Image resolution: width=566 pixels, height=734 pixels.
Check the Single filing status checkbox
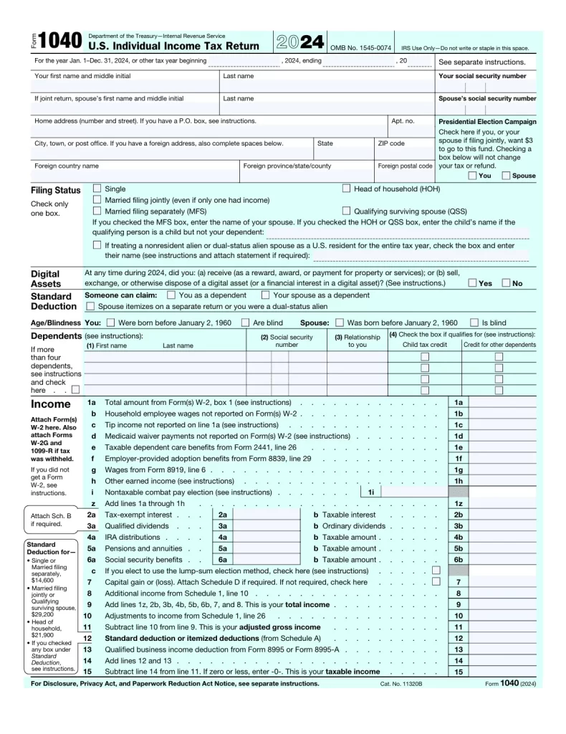pyautogui.click(x=97, y=189)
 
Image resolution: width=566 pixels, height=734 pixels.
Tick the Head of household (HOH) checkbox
pyautogui.click(x=346, y=189)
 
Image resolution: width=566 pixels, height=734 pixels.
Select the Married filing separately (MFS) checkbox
pyautogui.click(x=97, y=211)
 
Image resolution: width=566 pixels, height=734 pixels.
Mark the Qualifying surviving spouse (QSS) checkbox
pyautogui.click(x=346, y=211)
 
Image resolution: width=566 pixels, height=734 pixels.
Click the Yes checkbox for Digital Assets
pyautogui.click(x=472, y=283)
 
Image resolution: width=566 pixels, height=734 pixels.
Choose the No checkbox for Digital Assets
pyautogui.click(x=507, y=283)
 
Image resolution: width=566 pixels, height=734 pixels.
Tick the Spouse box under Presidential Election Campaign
pyautogui.click(x=506, y=175)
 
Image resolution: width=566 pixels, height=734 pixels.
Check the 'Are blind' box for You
pyautogui.click(x=245, y=323)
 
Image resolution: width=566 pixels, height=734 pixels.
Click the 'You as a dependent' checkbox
pyautogui.click(x=171, y=295)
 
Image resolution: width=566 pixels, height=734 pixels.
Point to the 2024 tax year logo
pyautogui.click(x=299, y=42)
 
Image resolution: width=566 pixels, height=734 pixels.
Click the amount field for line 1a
pyautogui.click(x=502, y=403)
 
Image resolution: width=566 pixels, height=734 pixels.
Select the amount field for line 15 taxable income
pyautogui.click(x=502, y=672)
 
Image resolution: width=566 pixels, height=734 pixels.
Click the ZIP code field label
pyautogui.click(x=391, y=143)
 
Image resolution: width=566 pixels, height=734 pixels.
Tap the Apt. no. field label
pyautogui.click(x=402, y=121)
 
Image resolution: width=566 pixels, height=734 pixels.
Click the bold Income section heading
pyautogui.click(x=50, y=404)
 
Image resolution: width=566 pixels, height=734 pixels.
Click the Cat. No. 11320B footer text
pyautogui.click(x=401, y=684)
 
